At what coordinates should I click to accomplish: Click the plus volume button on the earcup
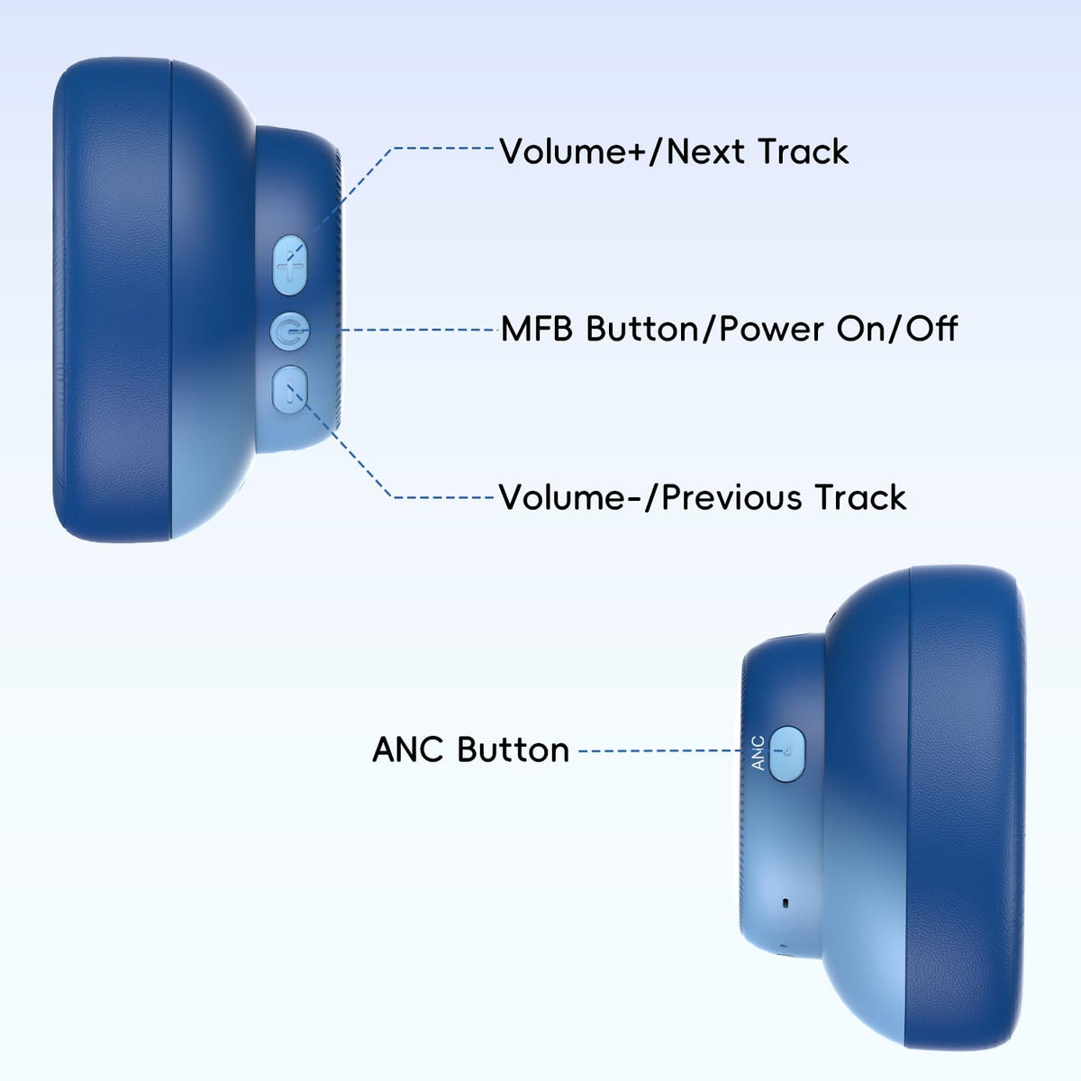[x=289, y=264]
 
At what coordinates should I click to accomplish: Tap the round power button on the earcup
[x=289, y=331]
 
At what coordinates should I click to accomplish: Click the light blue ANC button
[x=786, y=753]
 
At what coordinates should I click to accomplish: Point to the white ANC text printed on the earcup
[x=758, y=753]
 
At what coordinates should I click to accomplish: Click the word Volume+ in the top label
[x=572, y=151]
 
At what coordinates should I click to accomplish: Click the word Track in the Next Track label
[x=803, y=151]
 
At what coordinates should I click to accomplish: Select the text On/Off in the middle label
[x=896, y=329]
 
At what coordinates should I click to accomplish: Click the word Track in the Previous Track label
[x=860, y=497]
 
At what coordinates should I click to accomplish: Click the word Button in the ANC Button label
[x=513, y=749]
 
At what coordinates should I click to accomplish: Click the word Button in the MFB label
[x=642, y=329]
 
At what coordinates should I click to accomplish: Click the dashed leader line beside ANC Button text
[x=662, y=750]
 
